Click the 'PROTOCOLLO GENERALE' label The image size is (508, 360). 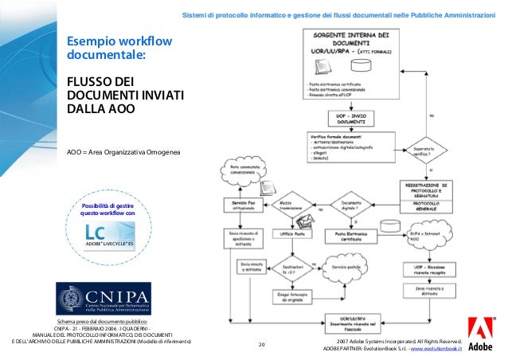tap(431, 205)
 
